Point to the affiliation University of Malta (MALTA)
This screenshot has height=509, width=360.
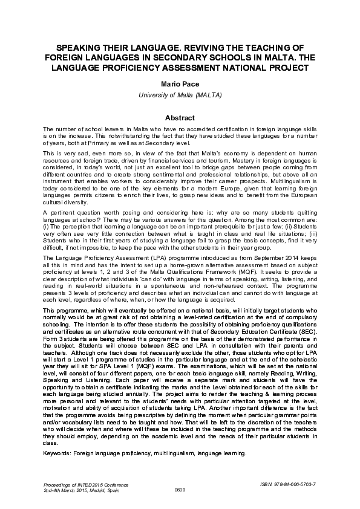(x=180, y=96)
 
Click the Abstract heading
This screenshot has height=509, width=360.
(x=180, y=118)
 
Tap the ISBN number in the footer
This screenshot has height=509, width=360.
(x=292, y=485)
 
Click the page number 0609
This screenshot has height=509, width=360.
(x=180, y=491)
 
